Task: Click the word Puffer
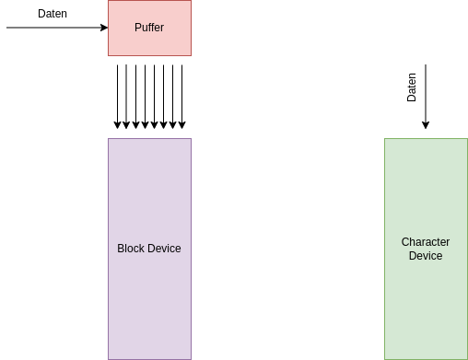(149, 28)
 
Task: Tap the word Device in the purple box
(166, 249)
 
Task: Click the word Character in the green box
(426, 242)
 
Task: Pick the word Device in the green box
(426, 256)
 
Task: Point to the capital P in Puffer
(138, 28)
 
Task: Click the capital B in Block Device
(121, 249)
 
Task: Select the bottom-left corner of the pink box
(109, 55)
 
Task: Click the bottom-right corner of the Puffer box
(191, 55)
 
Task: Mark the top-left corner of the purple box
(109, 139)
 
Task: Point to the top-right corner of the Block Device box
(191, 139)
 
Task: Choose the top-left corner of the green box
(385, 139)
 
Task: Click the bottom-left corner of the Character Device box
(385, 358)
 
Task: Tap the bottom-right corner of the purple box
(191, 358)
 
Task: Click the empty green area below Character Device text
(426, 308)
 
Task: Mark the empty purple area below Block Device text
(149, 308)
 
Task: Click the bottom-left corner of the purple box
(109, 358)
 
